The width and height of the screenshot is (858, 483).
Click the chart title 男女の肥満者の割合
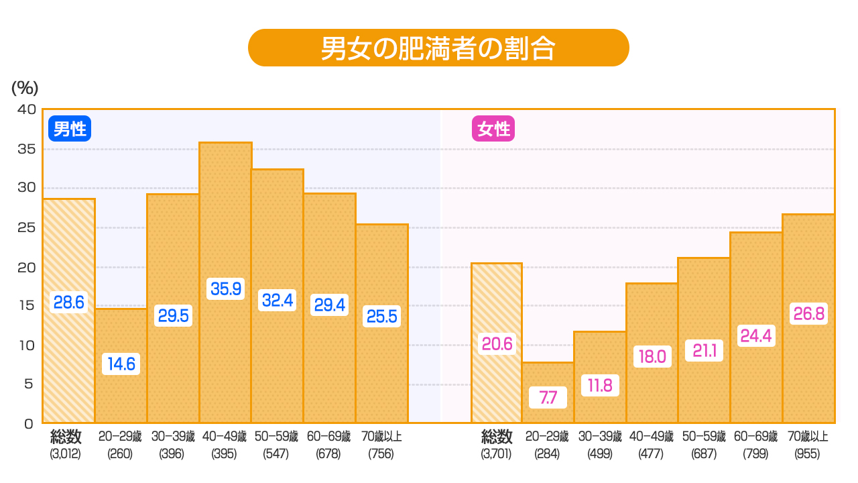click(438, 48)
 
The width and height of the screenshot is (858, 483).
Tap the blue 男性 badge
click(69, 128)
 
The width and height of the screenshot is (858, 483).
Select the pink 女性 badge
click(493, 128)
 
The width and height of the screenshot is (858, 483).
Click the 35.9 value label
click(225, 288)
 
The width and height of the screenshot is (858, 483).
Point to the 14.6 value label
click(121, 364)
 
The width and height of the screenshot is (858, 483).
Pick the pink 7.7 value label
click(548, 398)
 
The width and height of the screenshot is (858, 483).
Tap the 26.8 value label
click(808, 313)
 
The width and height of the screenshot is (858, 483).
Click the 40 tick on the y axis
click(25, 109)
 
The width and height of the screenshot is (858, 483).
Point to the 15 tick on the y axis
click(25, 305)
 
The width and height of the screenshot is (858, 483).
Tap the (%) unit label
click(25, 88)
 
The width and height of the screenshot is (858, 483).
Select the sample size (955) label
click(808, 453)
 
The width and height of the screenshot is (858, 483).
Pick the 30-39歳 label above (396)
click(173, 437)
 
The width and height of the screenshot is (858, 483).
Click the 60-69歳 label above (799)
click(756, 437)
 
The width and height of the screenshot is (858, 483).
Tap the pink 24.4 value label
click(756, 335)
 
